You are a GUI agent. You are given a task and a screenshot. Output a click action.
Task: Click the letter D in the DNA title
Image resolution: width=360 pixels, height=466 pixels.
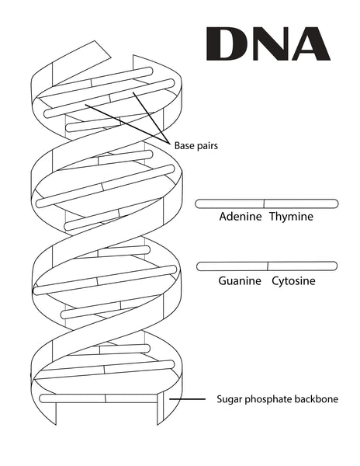click(226, 44)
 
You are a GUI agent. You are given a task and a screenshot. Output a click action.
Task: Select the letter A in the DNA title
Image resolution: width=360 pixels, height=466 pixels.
click(311, 44)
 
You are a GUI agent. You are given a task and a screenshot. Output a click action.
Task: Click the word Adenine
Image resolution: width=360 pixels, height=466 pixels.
click(241, 217)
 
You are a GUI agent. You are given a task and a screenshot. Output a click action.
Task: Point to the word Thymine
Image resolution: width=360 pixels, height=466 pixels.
click(291, 217)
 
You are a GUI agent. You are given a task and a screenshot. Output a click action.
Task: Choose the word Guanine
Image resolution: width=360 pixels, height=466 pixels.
click(240, 281)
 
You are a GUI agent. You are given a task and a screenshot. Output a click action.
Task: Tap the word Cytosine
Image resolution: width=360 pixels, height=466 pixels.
click(293, 281)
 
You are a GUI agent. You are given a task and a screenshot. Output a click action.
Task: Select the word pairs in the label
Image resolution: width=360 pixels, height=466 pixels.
click(206, 146)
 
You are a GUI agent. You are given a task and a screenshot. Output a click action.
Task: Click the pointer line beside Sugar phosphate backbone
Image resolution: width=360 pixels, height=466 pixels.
click(187, 399)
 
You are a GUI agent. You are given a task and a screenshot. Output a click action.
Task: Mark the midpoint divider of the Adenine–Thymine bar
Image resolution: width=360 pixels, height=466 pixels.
click(264, 203)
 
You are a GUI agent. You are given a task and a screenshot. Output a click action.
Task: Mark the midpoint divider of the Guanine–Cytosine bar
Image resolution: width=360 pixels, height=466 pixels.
click(268, 266)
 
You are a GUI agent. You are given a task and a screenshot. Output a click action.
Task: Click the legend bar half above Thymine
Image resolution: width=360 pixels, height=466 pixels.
click(301, 203)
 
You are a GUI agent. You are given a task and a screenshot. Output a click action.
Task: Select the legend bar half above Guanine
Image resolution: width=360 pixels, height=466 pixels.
click(232, 266)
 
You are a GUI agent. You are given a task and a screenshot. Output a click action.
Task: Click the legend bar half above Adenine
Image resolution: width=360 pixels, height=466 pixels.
click(230, 203)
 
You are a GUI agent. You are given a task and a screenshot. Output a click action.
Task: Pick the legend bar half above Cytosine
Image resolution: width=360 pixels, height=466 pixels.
click(303, 266)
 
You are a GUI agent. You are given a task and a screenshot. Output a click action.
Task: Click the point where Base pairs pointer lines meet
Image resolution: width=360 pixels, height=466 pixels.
click(168, 142)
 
